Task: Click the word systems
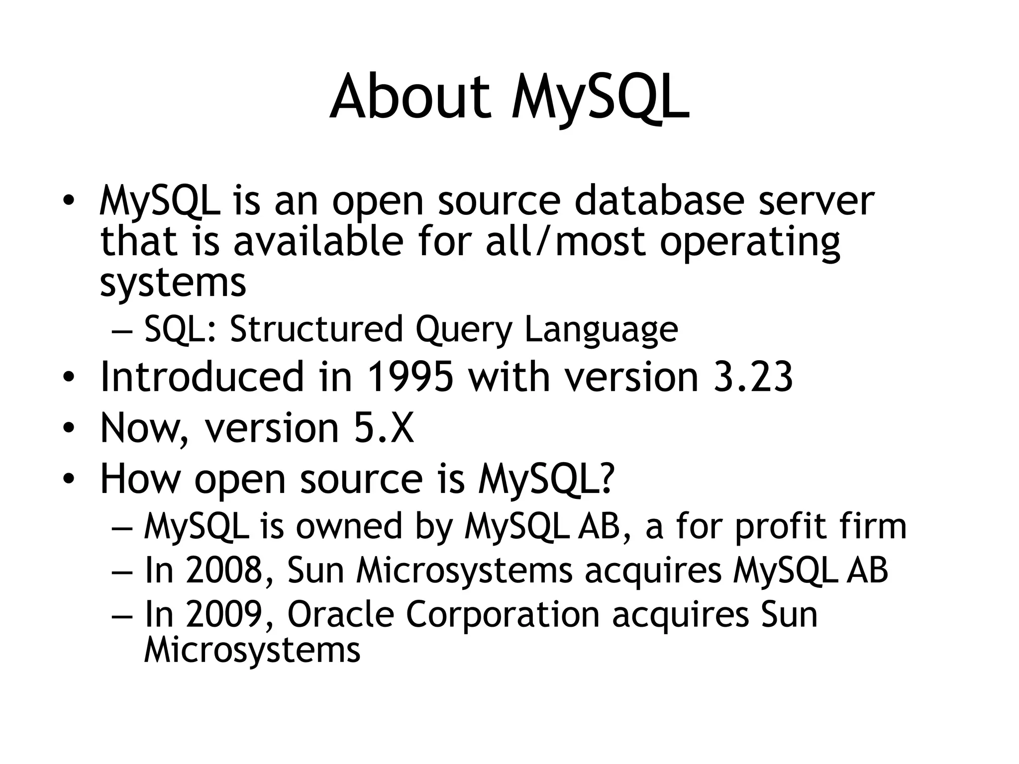(173, 284)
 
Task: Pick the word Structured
(316, 329)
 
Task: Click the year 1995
(410, 377)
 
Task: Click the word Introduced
(202, 377)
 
